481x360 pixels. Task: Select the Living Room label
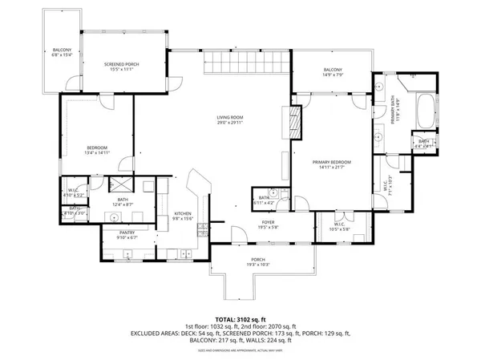(229, 120)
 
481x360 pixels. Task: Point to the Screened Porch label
(123, 67)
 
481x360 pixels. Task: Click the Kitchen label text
(184, 215)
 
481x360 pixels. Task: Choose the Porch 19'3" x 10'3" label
(258, 262)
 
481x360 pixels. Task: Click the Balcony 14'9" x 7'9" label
(333, 73)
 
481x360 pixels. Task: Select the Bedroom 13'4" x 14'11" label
(97, 150)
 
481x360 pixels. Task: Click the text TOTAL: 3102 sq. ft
(240, 318)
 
